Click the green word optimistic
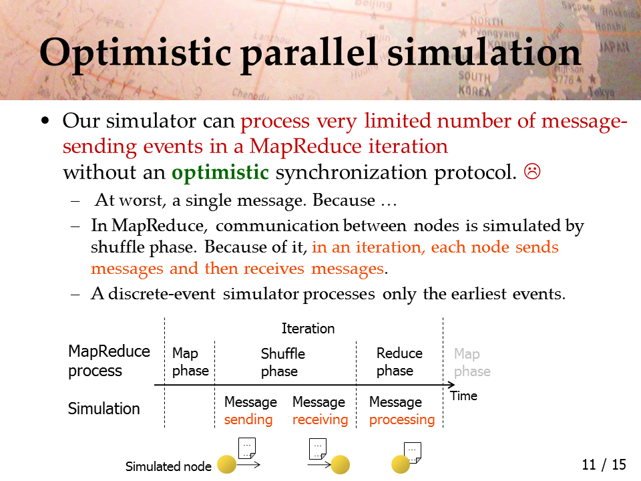(x=220, y=172)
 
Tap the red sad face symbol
(x=532, y=172)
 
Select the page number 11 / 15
(x=604, y=465)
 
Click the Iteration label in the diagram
(x=308, y=329)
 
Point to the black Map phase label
(x=190, y=361)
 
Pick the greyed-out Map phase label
(x=472, y=362)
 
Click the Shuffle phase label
(x=283, y=362)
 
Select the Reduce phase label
(x=399, y=361)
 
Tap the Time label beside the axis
(x=463, y=395)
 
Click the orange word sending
(x=248, y=420)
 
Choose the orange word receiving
(x=320, y=420)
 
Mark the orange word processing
(x=402, y=420)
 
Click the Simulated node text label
(x=168, y=466)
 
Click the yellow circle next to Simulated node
(x=226, y=465)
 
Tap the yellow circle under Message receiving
(x=340, y=465)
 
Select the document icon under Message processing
(x=412, y=453)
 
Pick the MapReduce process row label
(x=109, y=361)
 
